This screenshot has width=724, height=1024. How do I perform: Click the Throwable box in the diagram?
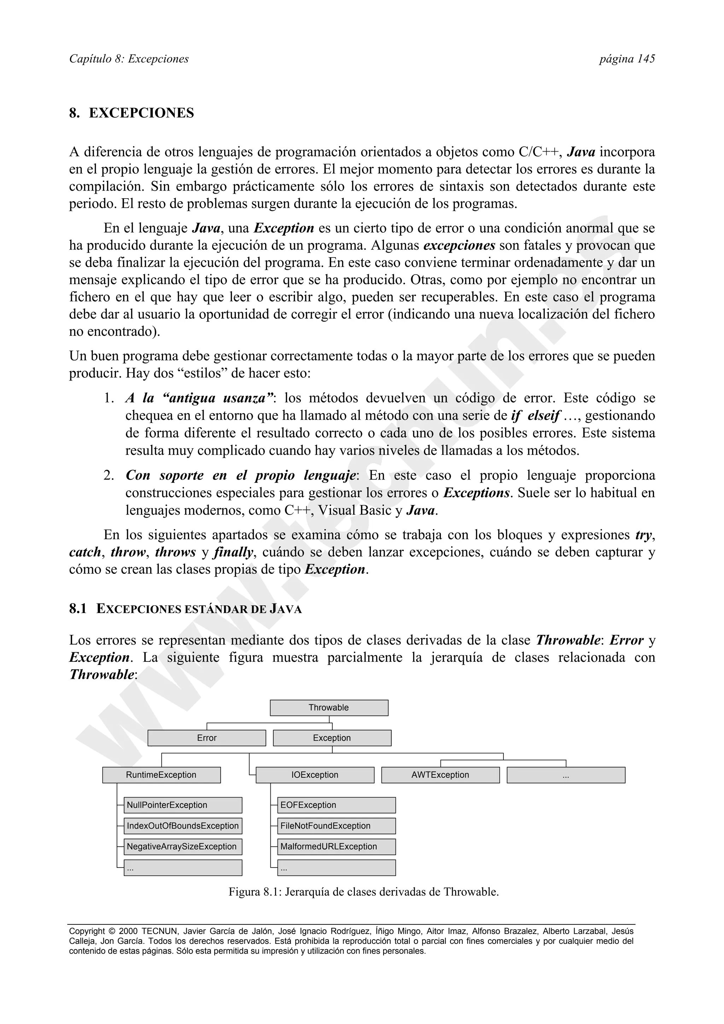(x=329, y=708)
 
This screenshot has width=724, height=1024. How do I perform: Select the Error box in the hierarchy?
(x=206, y=738)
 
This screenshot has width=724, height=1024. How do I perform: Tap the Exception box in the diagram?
(x=332, y=738)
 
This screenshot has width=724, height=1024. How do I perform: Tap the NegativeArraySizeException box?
(x=182, y=847)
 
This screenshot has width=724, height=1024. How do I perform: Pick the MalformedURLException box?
(x=336, y=847)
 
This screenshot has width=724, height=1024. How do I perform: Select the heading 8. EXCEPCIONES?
(x=132, y=113)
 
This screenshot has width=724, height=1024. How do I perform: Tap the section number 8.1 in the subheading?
(x=78, y=609)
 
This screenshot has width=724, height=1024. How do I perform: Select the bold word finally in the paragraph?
(x=233, y=553)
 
